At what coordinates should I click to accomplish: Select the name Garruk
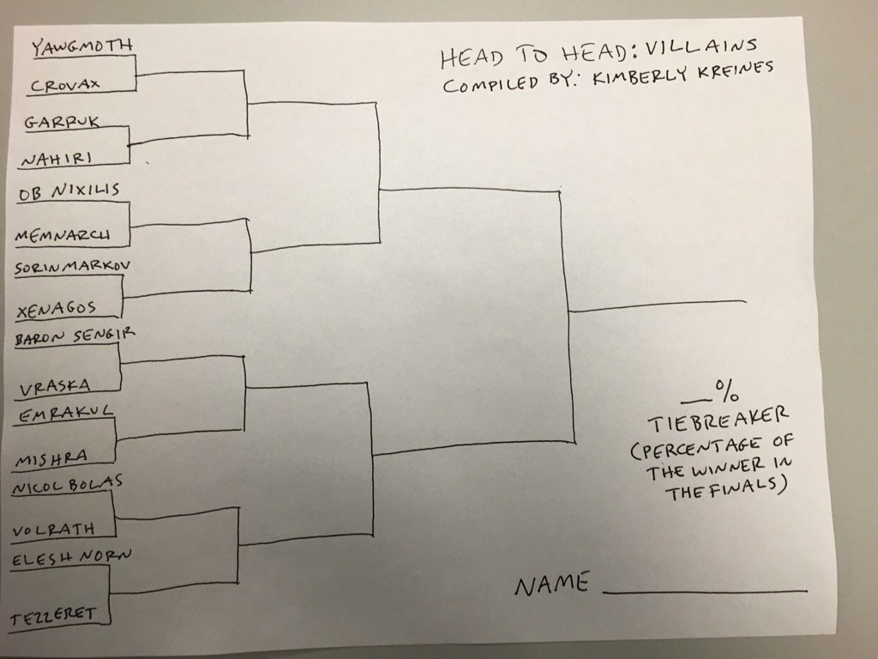[62, 122]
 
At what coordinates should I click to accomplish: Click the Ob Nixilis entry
[69, 190]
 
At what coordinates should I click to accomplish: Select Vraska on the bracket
[55, 385]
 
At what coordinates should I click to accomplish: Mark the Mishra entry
[51, 459]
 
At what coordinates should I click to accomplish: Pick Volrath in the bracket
[53, 528]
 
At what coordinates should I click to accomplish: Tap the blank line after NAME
[705, 590]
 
